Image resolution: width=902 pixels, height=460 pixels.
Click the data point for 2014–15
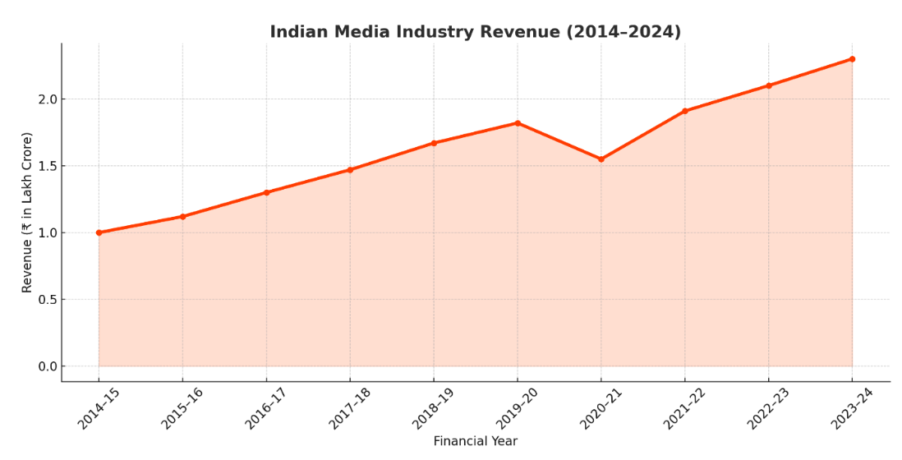pyautogui.click(x=99, y=232)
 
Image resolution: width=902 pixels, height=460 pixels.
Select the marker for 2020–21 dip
pyautogui.click(x=601, y=159)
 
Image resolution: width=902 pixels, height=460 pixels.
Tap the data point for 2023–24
pyautogui.click(x=852, y=59)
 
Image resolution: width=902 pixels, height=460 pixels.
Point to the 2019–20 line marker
pyautogui.click(x=517, y=123)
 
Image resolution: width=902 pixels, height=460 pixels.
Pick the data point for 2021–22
pyautogui.click(x=684, y=111)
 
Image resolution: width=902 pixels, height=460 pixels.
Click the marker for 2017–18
pyautogui.click(x=350, y=170)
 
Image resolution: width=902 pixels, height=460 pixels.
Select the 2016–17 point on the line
pyautogui.click(x=266, y=192)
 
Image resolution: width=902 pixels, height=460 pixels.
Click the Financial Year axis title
pyautogui.click(x=475, y=442)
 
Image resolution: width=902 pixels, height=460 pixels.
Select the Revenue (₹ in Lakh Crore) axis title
pyautogui.click(x=27, y=212)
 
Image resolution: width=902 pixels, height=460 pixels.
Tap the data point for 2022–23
pyautogui.click(x=768, y=85)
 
